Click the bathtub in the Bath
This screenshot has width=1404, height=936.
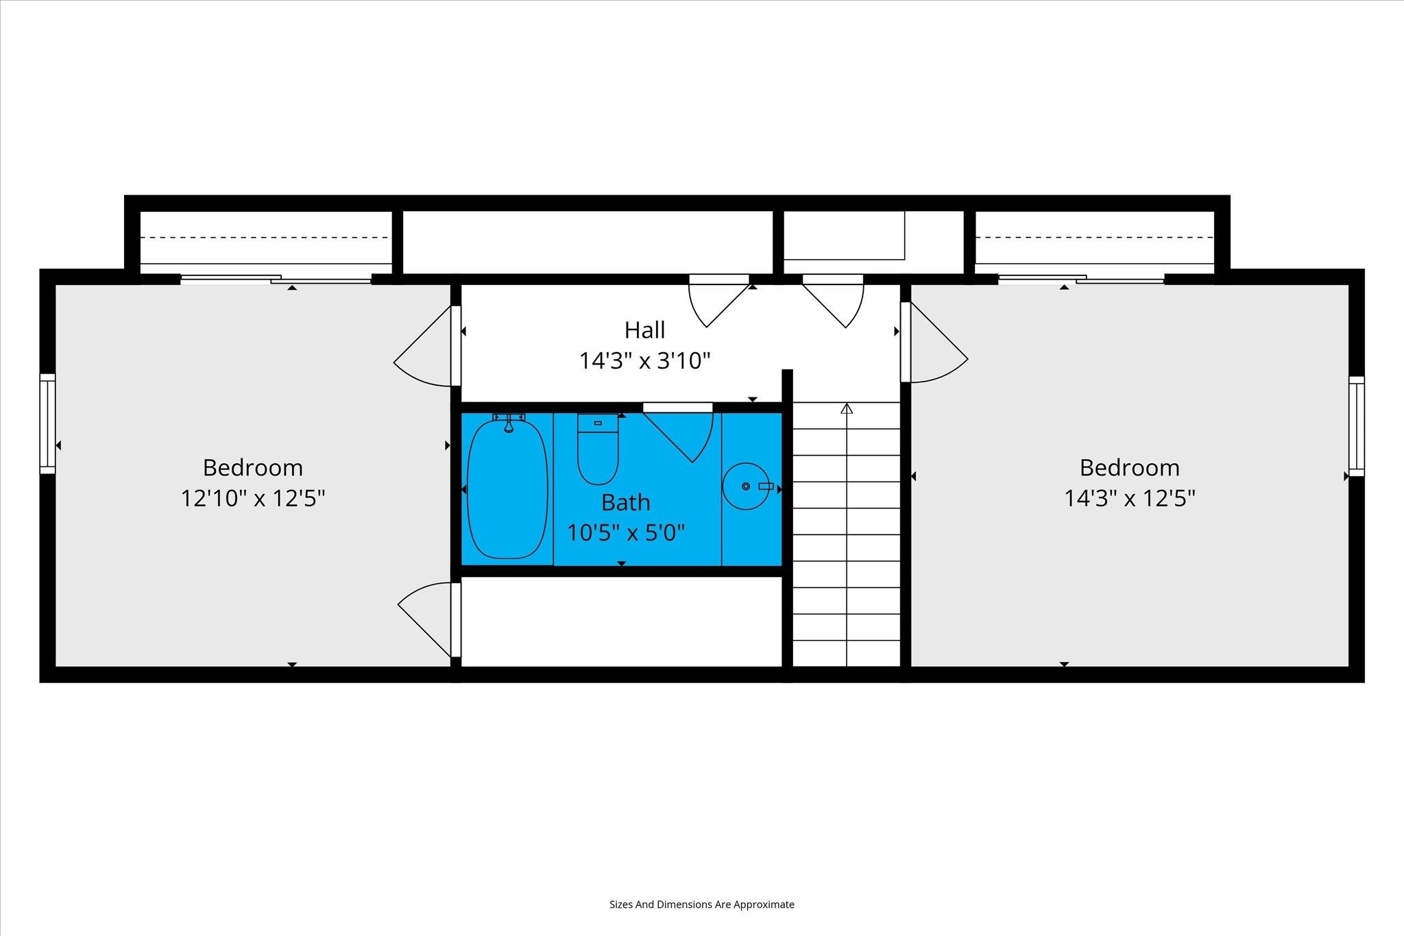coord(507,489)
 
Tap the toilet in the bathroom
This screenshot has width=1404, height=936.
coord(598,449)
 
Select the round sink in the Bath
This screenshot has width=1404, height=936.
coord(746,486)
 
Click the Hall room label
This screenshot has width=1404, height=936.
coord(644,330)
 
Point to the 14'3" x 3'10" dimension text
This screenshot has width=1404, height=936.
coord(644,360)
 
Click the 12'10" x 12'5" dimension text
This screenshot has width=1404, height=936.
coord(252,498)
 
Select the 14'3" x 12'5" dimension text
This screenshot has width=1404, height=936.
coord(1129,498)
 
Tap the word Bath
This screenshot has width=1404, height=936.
coord(625,502)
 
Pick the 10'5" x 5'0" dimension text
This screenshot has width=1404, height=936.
coord(625,532)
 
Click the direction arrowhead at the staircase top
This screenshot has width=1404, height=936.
coord(847,408)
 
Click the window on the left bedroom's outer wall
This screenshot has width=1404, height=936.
coord(47,423)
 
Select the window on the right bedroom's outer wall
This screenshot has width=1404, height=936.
coord(1356,426)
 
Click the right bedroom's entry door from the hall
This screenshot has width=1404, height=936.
coord(934,343)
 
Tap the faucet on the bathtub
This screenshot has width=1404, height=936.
coord(509,422)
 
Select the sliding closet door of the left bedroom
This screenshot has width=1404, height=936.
coord(276,279)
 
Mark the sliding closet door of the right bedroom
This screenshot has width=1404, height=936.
coord(1081,279)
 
